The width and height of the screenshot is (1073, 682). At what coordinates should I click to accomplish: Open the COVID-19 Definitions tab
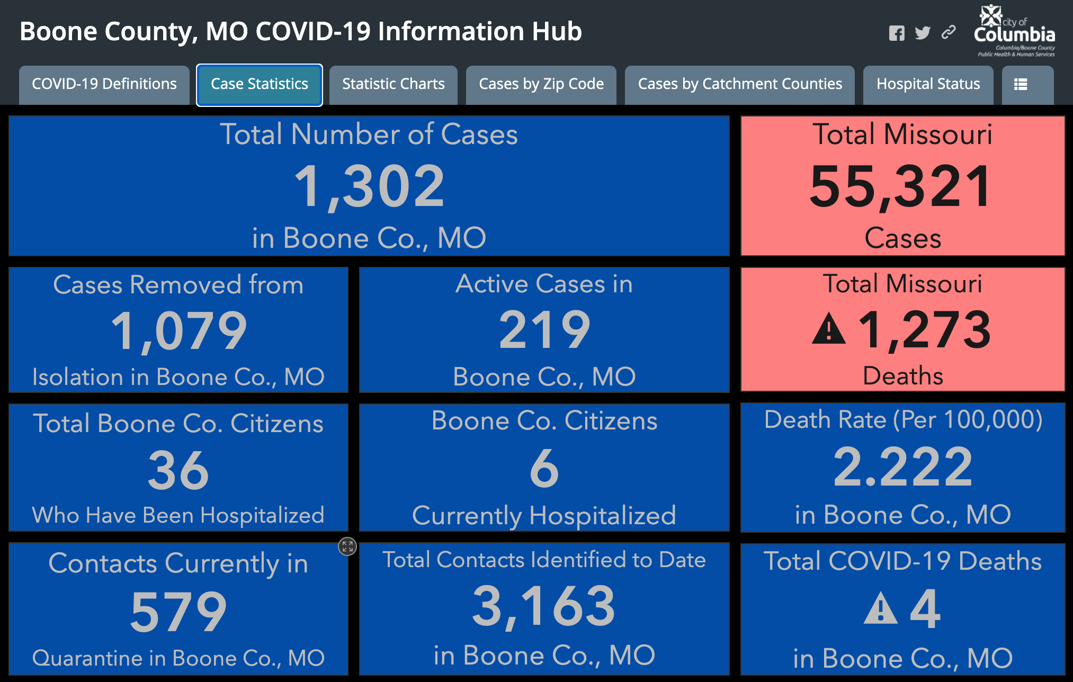[x=104, y=85]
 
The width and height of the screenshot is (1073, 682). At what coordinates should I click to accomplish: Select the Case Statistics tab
[x=260, y=85]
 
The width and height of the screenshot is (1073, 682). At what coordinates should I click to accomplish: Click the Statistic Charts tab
[x=394, y=85]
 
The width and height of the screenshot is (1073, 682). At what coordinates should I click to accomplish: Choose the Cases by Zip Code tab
[x=541, y=85]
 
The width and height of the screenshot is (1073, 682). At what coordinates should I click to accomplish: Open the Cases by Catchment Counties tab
[x=740, y=85]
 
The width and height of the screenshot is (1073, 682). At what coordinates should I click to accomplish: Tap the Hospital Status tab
[x=928, y=85]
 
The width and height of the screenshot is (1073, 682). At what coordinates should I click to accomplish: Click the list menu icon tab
[x=1021, y=85]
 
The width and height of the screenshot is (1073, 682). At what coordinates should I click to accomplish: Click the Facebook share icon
[x=897, y=33]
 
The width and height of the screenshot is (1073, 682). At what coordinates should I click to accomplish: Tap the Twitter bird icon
[x=923, y=33]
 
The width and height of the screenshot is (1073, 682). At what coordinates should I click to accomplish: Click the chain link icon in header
[x=949, y=32]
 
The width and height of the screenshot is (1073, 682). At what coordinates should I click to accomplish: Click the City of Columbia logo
[x=1015, y=31]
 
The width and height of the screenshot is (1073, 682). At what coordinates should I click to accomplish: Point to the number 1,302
[x=369, y=186]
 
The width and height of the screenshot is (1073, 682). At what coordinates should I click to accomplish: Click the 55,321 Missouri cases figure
[x=900, y=186]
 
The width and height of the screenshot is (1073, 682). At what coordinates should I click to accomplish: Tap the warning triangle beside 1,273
[x=829, y=329]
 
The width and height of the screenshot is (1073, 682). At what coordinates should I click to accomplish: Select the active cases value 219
[x=544, y=330]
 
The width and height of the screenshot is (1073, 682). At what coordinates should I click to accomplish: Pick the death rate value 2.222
[x=903, y=467]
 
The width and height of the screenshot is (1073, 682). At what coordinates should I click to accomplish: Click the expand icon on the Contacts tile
[x=347, y=546]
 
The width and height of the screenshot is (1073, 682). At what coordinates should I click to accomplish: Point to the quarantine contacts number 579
[x=178, y=612]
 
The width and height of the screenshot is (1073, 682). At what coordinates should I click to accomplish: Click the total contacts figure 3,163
[x=544, y=607]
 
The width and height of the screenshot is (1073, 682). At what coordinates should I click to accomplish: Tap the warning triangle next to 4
[x=880, y=608]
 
